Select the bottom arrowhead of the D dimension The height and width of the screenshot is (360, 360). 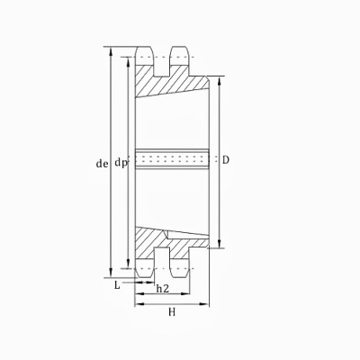(218, 246)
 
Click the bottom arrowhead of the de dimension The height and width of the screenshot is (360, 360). (110, 274)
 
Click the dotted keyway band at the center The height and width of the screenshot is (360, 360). (171, 161)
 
